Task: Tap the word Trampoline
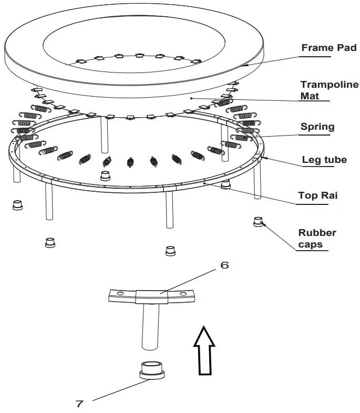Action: click(x=329, y=85)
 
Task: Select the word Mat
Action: click(x=310, y=96)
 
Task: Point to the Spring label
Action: click(x=317, y=127)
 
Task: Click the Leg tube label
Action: click(x=324, y=160)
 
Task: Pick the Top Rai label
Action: click(x=317, y=195)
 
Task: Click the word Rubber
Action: click(x=317, y=232)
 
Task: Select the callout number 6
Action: click(x=224, y=265)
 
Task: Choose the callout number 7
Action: click(x=79, y=404)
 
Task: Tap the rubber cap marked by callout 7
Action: click(x=152, y=369)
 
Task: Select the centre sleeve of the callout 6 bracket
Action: click(x=151, y=297)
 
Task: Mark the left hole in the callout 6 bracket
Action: click(x=120, y=293)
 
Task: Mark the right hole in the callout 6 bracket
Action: click(x=183, y=294)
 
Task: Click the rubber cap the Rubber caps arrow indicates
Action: click(x=258, y=222)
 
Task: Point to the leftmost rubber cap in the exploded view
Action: click(x=18, y=205)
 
